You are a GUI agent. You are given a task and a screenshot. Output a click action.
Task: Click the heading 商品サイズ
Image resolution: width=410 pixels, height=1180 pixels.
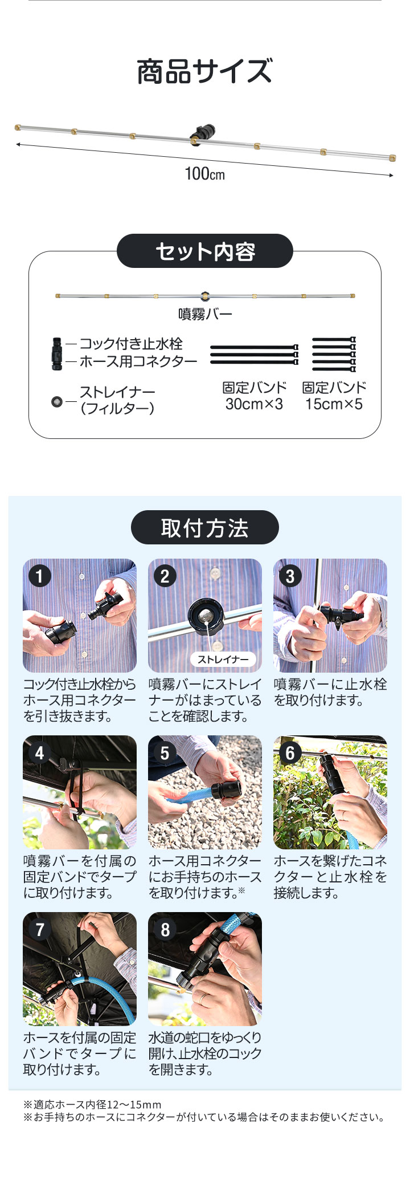coord(205,72)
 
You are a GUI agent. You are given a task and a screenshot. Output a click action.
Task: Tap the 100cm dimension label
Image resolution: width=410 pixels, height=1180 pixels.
coord(205,173)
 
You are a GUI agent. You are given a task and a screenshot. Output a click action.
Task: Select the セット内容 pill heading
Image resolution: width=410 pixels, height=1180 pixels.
coord(205,251)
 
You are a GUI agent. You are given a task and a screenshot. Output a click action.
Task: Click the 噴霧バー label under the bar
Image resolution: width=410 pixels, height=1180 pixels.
coord(205,314)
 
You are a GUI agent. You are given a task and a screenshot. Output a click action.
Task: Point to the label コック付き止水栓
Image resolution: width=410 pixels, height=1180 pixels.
coord(131,344)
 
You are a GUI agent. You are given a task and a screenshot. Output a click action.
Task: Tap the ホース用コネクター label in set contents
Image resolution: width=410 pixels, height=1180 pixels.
coord(138,361)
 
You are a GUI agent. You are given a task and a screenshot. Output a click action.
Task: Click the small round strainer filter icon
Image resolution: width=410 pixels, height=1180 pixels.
coord(57,402)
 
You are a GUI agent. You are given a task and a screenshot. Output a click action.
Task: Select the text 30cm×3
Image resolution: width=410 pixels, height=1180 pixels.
coord(254,404)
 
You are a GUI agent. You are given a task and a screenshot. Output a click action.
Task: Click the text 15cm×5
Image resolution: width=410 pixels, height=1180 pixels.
coord(334,404)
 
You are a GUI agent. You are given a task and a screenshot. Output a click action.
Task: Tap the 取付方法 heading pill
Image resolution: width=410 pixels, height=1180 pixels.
coord(205,527)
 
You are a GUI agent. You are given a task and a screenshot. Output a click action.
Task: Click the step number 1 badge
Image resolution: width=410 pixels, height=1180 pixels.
coord(39,576)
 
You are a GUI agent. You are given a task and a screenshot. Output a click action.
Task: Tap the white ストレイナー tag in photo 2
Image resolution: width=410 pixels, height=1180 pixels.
coord(223,660)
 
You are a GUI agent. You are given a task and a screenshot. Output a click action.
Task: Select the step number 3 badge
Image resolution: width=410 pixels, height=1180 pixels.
coord(290,576)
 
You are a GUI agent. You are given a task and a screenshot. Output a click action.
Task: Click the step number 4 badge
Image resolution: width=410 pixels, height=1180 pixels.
coord(39,752)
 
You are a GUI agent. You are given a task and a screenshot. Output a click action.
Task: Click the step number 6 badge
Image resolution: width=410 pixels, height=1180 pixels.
coord(290,752)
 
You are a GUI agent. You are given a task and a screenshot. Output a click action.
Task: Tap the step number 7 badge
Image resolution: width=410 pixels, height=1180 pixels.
coord(39,929)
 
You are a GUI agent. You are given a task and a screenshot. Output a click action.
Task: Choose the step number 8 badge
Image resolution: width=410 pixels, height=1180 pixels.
coord(165,929)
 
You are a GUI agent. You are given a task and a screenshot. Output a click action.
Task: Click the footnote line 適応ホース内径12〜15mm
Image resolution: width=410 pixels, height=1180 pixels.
coord(92,1105)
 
